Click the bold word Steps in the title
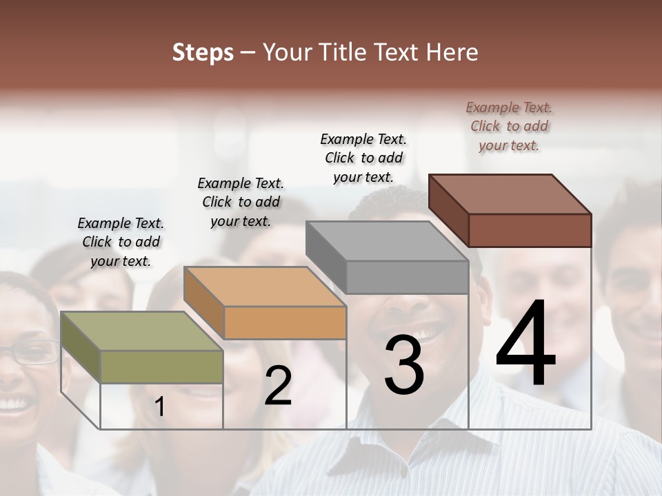(203, 52)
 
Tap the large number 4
(525, 344)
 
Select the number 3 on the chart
(403, 365)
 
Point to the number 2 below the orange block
(278, 386)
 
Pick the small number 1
(159, 407)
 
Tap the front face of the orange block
(285, 322)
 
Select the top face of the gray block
(387, 241)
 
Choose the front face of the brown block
(530, 230)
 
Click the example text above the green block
(121, 242)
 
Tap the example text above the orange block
(241, 202)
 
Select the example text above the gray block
(363, 158)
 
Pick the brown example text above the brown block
(509, 126)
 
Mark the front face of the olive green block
(161, 366)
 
